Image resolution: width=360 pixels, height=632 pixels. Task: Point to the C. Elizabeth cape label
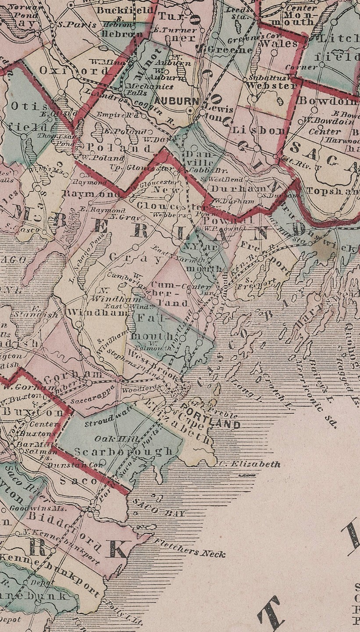[x=250, y=464]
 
